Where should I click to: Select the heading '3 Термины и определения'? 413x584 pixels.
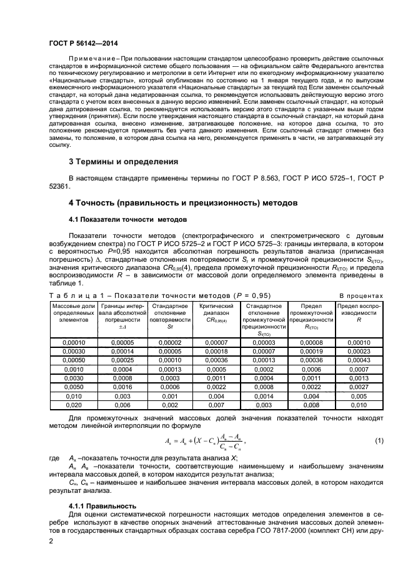(123, 161)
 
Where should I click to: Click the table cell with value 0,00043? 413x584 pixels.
(359, 360)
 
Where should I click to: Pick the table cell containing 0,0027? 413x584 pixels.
(359, 387)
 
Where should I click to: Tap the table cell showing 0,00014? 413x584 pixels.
(122, 352)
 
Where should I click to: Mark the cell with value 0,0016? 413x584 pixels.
(122, 387)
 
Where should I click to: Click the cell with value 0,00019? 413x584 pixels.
(311, 352)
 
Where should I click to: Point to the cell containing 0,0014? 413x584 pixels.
(264, 395)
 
